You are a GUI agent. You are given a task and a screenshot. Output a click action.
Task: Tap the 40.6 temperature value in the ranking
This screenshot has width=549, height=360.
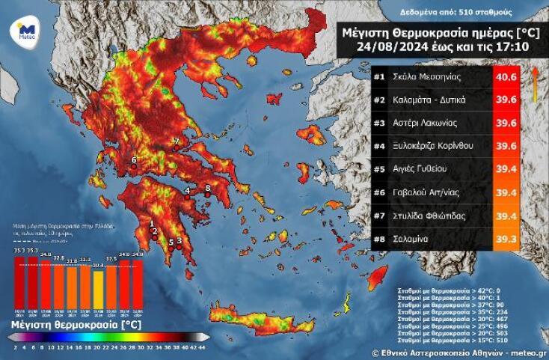(x=506, y=77)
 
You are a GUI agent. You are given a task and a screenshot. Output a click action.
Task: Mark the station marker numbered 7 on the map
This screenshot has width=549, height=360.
(x=177, y=141)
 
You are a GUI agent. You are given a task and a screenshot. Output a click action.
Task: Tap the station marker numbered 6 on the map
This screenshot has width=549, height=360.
(x=134, y=160)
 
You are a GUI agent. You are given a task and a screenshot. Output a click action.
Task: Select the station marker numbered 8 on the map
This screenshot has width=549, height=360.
(x=207, y=187)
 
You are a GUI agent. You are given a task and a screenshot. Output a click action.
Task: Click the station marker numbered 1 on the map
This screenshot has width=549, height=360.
(x=151, y=223)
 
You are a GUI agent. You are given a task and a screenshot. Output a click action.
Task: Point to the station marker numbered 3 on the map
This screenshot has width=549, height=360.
(x=180, y=240)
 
